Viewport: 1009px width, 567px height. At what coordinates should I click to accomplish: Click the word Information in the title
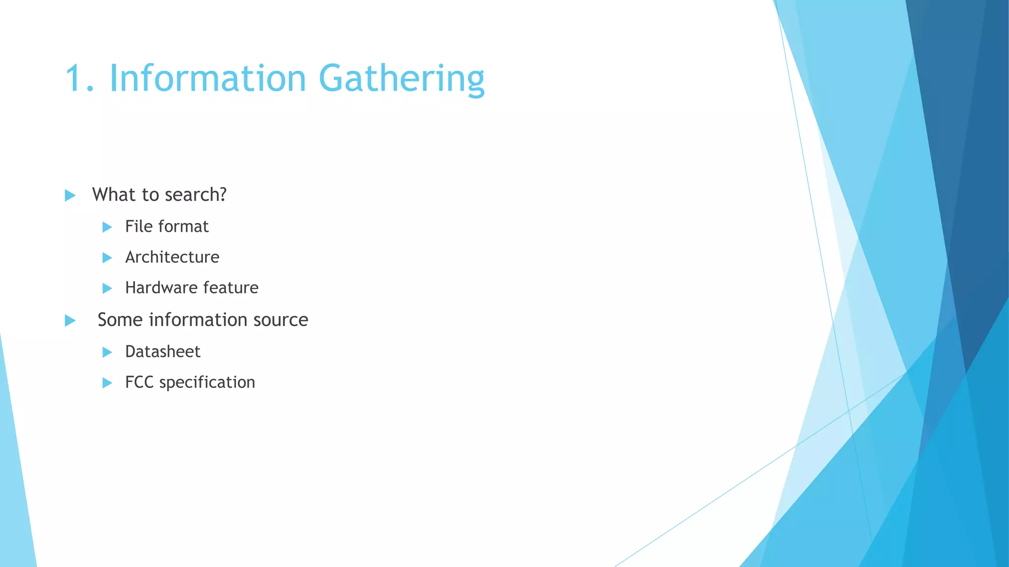click(x=207, y=79)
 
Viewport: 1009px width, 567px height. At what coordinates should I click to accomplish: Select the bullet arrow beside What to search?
click(x=70, y=195)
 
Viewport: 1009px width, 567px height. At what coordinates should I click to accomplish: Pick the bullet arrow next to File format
click(x=107, y=227)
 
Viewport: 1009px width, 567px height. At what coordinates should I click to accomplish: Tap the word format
click(x=185, y=226)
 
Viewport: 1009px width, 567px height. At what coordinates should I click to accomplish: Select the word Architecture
click(x=172, y=257)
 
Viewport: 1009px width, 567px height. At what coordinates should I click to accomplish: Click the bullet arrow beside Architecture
click(x=107, y=257)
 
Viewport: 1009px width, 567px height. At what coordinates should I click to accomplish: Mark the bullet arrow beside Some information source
click(x=70, y=321)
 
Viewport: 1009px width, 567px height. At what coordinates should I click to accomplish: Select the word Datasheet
click(x=163, y=351)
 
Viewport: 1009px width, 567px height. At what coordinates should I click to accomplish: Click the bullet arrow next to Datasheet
click(x=107, y=352)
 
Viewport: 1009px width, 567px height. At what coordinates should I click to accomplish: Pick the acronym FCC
click(x=139, y=382)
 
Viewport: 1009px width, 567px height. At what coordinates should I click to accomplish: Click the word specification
click(x=207, y=382)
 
